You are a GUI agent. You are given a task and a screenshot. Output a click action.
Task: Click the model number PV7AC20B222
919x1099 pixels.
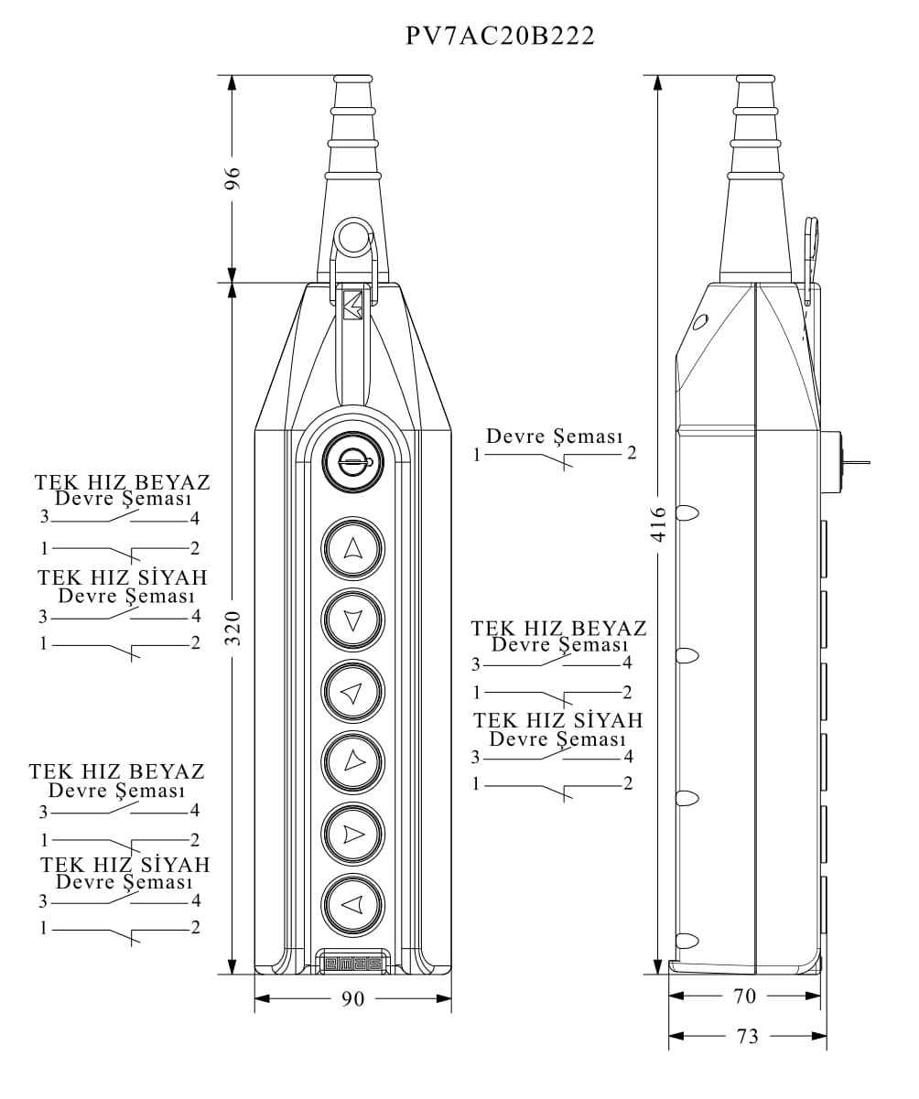coord(501,36)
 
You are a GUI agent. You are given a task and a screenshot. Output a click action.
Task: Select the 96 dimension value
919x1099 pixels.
coord(232,178)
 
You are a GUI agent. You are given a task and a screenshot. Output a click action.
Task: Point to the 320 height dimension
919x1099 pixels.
coord(232,628)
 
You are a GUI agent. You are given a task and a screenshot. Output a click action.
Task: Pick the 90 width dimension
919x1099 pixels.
coord(352,998)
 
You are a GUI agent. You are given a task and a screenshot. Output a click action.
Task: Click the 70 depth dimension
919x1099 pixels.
coord(744,997)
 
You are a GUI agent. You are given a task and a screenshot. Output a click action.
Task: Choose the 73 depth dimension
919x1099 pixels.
coord(747,1036)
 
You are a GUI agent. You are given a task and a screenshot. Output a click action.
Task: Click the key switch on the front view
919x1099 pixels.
coord(352,462)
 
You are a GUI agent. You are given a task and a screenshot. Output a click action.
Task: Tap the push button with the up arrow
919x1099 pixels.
coord(352,549)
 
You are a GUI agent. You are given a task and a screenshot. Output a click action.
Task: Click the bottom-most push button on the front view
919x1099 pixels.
coord(352,905)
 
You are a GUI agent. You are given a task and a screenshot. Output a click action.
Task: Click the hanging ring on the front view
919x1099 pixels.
coord(351,238)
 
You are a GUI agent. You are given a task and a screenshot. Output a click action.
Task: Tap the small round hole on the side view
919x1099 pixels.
coord(700,322)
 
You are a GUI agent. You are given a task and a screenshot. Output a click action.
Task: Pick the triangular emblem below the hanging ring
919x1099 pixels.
coord(352,305)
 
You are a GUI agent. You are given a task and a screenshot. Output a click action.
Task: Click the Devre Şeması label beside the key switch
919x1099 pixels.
coord(554,436)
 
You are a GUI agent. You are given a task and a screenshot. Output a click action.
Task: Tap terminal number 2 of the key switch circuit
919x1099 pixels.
coord(632,454)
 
